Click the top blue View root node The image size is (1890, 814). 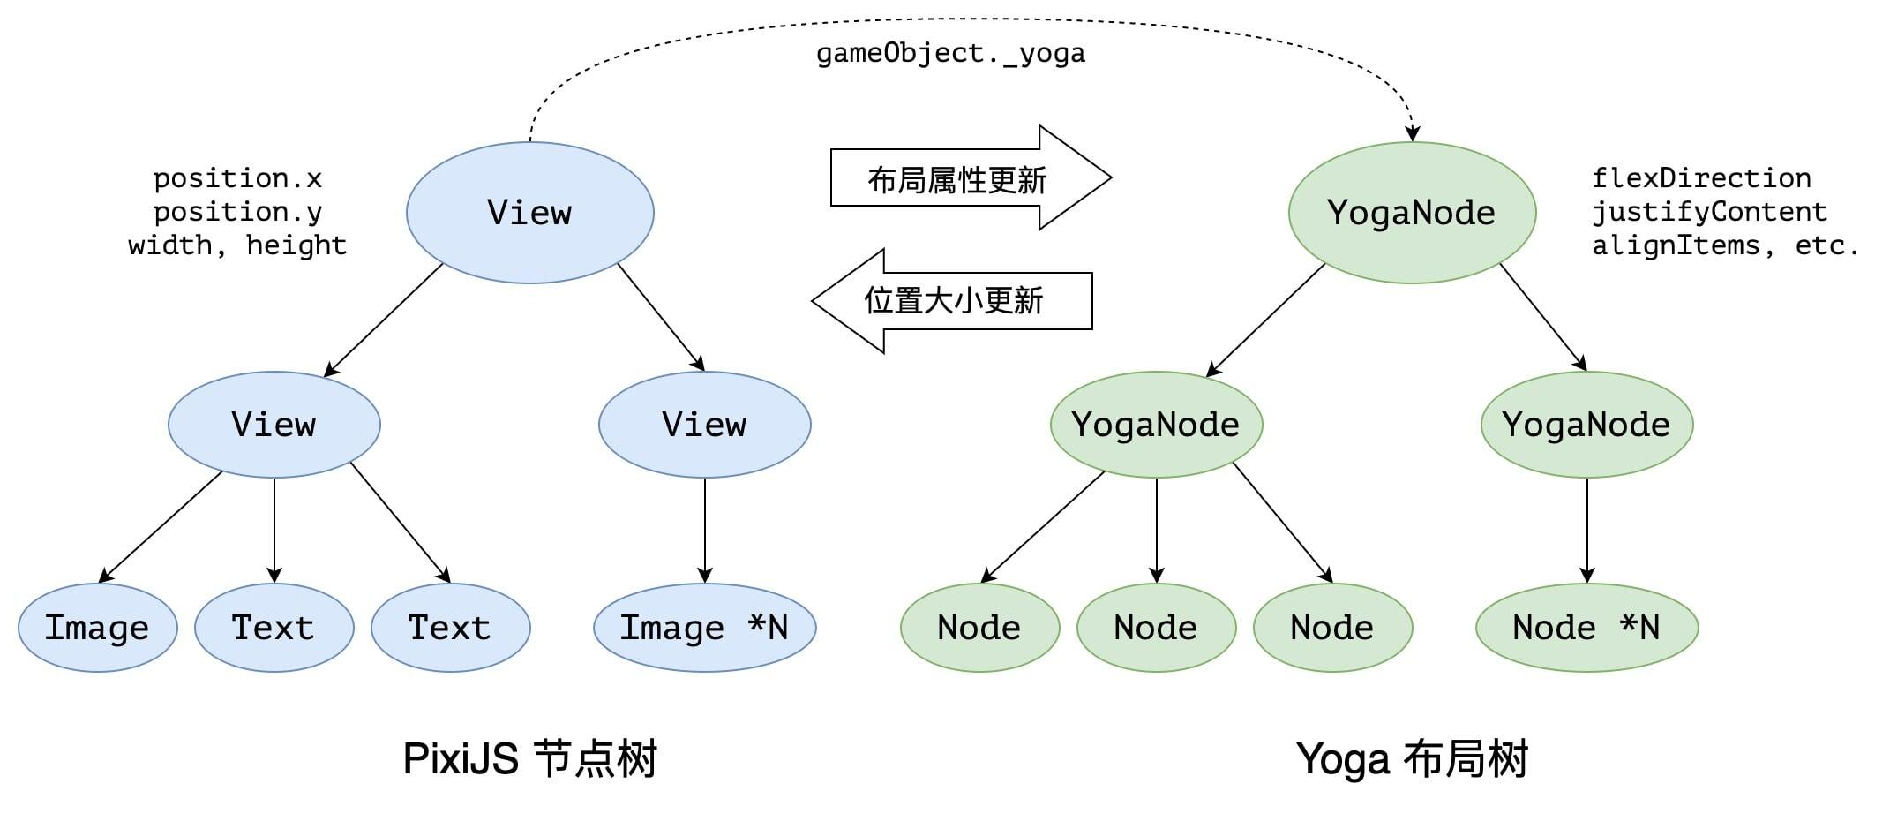[x=529, y=212]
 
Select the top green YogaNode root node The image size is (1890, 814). [x=1412, y=212]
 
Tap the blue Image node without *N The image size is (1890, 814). [x=97, y=628]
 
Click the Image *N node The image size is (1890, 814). [x=704, y=628]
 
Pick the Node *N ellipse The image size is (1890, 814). [x=1586, y=628]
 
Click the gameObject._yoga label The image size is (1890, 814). [x=950, y=54]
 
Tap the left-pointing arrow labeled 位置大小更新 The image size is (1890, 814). [x=953, y=301]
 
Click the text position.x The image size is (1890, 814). [x=237, y=178]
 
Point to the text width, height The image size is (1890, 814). [x=237, y=245]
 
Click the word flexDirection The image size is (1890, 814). [x=1701, y=178]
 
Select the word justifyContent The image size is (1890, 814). [x=1709, y=212]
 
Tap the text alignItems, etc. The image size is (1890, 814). [x=1725, y=245]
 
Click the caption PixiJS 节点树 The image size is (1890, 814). [x=529, y=758]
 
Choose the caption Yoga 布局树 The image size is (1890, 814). [x=1412, y=758]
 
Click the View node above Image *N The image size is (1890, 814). [x=704, y=425]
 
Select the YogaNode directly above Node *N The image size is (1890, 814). [x=1586, y=425]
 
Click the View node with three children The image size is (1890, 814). [x=274, y=425]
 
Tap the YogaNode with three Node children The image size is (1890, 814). [x=1156, y=425]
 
